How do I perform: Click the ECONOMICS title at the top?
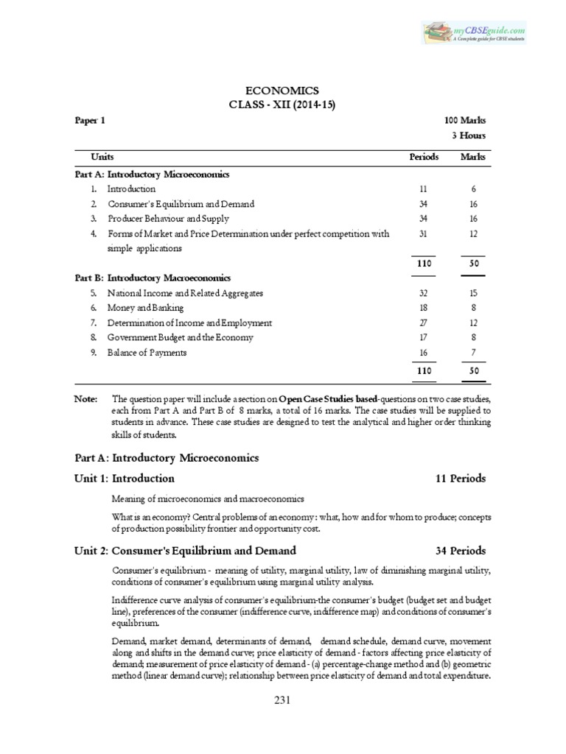tap(282, 91)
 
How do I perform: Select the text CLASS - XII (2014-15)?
tap(282, 106)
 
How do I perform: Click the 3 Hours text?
tap(468, 135)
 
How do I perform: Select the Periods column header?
tap(424, 157)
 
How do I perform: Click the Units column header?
tap(102, 157)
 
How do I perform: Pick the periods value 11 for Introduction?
tap(423, 189)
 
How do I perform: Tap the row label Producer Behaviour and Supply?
tap(168, 219)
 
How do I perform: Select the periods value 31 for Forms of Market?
tap(423, 234)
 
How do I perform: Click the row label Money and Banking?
tap(145, 308)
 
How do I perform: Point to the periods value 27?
tap(423, 323)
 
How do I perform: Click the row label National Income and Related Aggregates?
tap(185, 293)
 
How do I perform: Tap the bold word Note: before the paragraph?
tap(86, 398)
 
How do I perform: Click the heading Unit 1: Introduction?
tap(125, 479)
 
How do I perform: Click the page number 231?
tap(282, 702)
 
